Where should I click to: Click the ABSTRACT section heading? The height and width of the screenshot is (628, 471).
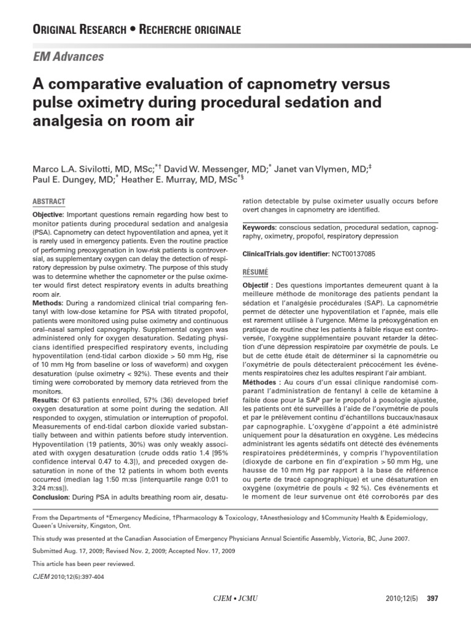(x=48, y=201)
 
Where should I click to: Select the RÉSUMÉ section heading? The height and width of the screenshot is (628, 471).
(x=255, y=272)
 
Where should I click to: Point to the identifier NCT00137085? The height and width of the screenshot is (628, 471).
(x=353, y=253)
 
